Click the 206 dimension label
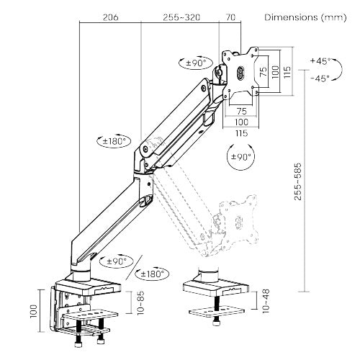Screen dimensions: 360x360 click(109, 17)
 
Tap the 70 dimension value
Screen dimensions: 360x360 click(230, 17)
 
